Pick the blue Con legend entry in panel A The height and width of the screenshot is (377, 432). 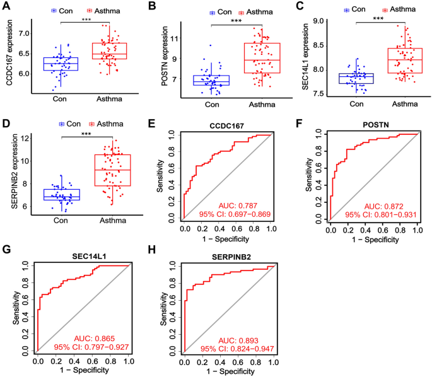[x=59, y=11]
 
